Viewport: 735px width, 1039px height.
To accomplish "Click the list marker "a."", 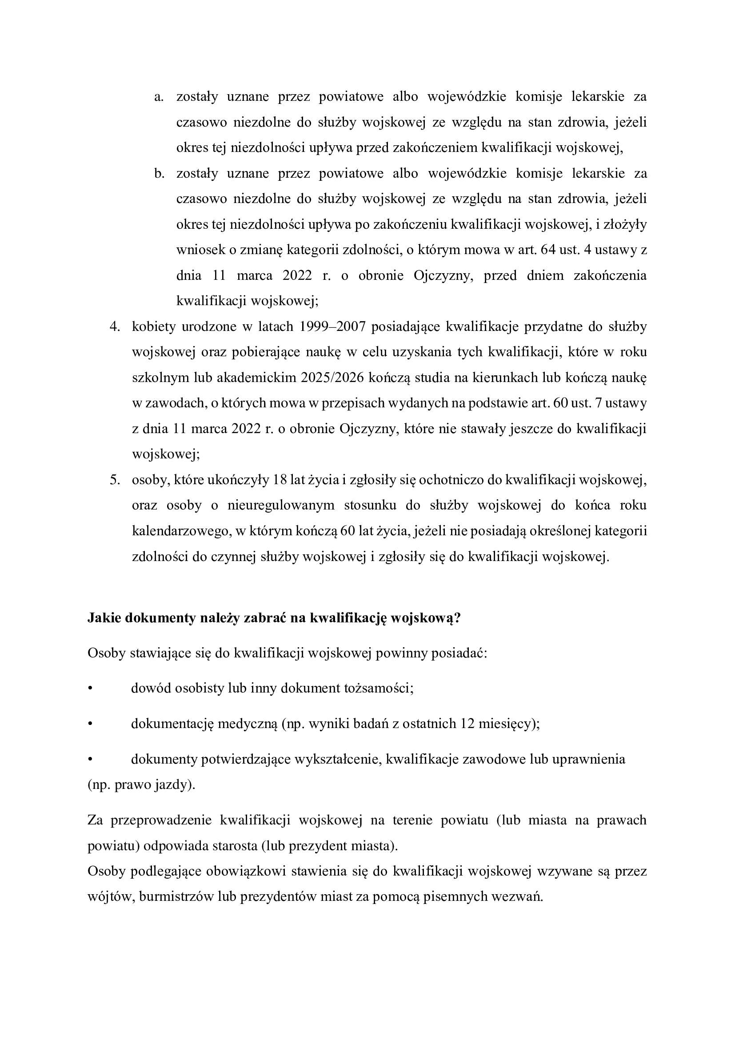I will coord(158,97).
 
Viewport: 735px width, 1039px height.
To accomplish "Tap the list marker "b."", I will coord(158,174).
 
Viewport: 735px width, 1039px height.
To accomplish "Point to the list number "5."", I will coord(115,480).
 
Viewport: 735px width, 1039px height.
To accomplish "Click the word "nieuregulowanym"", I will coord(280,506).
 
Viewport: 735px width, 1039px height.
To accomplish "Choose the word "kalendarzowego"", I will coord(179,532).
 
